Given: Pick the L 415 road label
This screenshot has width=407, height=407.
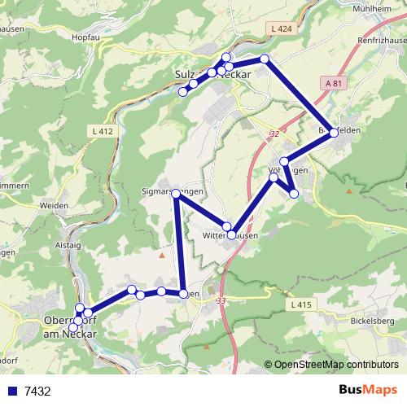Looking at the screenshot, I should pos(300,304).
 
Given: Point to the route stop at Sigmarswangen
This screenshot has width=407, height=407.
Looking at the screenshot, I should pos(176,193).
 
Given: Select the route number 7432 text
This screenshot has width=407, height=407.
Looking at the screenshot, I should pos(37,391).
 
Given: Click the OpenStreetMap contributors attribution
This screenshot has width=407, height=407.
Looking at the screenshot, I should pos(335,365).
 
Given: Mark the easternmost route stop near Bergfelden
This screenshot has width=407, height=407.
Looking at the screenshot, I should pos(334,134).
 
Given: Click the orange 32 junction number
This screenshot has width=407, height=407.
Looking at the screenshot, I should pos(274,133).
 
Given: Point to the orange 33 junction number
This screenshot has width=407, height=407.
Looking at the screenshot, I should pos(221,300).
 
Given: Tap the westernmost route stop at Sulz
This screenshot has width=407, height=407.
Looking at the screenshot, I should pos(183,91).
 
